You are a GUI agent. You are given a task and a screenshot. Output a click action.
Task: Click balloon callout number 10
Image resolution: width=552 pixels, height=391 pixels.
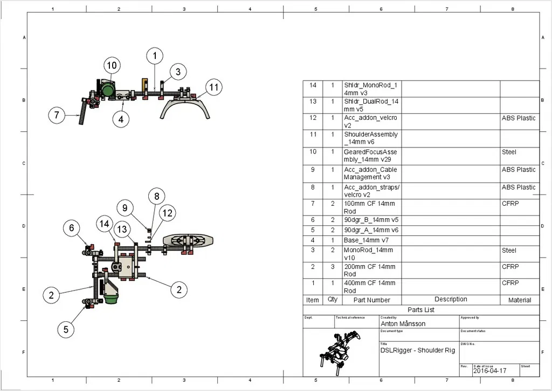(x=111, y=66)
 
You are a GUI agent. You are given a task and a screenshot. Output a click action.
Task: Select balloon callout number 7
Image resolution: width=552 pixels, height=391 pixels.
(x=57, y=115)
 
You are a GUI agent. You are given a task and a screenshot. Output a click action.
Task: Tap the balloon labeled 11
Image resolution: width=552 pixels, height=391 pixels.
(x=214, y=87)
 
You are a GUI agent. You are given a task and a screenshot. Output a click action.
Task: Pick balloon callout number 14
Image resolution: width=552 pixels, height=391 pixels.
(x=105, y=224)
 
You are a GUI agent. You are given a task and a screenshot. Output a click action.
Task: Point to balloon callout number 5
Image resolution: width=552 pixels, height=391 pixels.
(x=65, y=329)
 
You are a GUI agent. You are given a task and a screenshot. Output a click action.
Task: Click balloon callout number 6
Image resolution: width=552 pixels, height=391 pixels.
(x=72, y=228)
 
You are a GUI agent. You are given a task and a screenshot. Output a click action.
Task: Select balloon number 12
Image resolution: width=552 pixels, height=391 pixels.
(x=167, y=213)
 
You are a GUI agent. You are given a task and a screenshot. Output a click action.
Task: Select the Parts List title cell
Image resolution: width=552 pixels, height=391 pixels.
(x=421, y=310)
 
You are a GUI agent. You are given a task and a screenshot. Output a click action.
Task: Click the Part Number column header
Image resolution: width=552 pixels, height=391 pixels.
(x=371, y=300)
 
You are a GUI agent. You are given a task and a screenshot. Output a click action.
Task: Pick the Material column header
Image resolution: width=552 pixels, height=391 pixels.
(x=520, y=300)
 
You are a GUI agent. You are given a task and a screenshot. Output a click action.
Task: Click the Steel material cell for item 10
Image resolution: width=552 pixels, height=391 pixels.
(x=509, y=152)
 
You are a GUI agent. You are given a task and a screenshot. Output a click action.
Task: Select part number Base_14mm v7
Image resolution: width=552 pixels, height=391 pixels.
(x=366, y=240)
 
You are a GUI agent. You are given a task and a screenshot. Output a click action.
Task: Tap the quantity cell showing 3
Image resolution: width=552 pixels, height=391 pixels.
(x=333, y=267)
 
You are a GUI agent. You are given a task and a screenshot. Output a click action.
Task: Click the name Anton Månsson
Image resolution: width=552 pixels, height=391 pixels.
(x=403, y=324)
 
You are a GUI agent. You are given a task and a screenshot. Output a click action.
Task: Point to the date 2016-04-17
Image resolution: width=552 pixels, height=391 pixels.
(x=491, y=371)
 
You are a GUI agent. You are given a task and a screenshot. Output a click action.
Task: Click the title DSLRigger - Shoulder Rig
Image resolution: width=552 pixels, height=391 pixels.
(x=417, y=350)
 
